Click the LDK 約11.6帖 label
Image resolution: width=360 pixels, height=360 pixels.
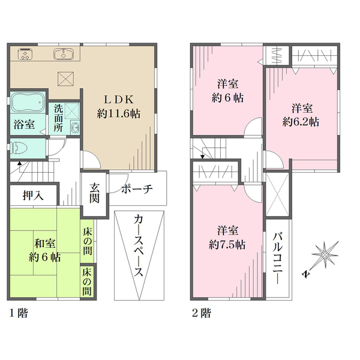click(118, 107)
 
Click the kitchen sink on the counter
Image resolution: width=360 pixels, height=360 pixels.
click(64, 54)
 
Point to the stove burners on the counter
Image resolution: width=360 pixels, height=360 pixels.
click(25, 54)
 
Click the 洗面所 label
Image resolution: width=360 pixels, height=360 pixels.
click(58, 118)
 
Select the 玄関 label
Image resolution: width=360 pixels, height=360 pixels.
click(94, 193)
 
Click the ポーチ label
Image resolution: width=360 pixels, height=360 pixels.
click(137, 189)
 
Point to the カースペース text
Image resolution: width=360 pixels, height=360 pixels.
click(139, 245)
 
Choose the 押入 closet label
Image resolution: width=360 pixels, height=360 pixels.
click(33, 196)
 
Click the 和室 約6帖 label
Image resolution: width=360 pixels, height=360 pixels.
click(45, 250)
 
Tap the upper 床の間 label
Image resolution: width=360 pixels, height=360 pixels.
click(88, 241)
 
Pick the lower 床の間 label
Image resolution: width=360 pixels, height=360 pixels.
click(87, 282)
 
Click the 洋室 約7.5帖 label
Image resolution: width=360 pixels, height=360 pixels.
click(227, 238)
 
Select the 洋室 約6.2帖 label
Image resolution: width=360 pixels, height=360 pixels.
click(301, 115)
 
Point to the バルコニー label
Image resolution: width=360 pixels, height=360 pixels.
click(278, 258)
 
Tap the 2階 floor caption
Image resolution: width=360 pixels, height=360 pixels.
click(202, 313)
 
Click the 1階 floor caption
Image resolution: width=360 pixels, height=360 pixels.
click(19, 313)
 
